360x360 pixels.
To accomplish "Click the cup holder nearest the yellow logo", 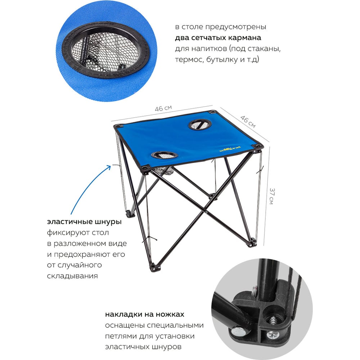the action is click(200, 125).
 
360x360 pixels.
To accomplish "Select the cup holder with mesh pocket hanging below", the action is click(165, 155).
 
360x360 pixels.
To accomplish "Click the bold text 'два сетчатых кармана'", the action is click(218, 38).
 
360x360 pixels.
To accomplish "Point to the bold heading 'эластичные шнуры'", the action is click(84, 222).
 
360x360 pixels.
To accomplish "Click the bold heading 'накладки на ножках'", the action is click(145, 314).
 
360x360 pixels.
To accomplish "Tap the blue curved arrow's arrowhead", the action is click(109, 167).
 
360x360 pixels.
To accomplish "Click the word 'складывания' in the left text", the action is click(72, 276).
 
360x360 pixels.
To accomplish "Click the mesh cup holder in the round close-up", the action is click(105, 50).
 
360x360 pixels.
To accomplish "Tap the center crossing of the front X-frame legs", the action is click(206, 212).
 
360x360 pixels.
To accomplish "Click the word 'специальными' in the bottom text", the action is click(175, 325).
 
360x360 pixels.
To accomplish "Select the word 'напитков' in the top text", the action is click(209, 49).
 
